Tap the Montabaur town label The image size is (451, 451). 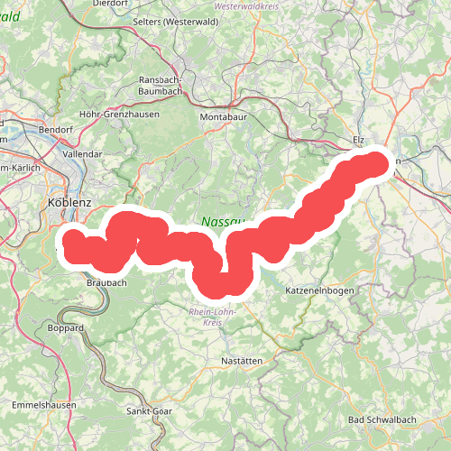click(x=222, y=116)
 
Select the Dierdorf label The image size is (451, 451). click(x=111, y=4)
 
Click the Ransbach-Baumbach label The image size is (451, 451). click(x=162, y=85)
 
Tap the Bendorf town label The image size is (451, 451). click(x=56, y=129)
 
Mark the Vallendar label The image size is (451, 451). click(x=84, y=154)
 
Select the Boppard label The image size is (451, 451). click(x=66, y=327)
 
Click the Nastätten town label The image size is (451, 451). click(x=241, y=361)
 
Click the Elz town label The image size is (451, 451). click(x=358, y=141)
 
